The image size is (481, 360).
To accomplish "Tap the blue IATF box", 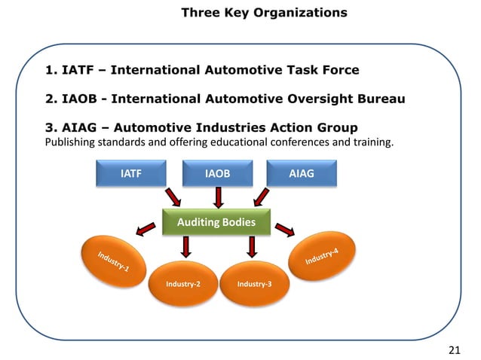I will coord(131,174).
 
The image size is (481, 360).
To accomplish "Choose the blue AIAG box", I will coord(302,174).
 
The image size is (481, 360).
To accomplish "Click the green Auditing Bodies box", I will coord(216,222).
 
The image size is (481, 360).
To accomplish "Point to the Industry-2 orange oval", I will coord(183,284).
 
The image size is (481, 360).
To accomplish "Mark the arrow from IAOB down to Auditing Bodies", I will coord(217,198).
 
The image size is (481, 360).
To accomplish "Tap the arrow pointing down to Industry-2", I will coord(185,246).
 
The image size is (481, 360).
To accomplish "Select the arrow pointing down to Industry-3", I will coord(251,246).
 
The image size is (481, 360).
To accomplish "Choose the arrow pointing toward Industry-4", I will coord(285,227).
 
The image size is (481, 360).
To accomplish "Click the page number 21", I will coord(454,349).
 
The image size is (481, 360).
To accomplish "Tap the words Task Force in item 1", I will coord(321,71).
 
